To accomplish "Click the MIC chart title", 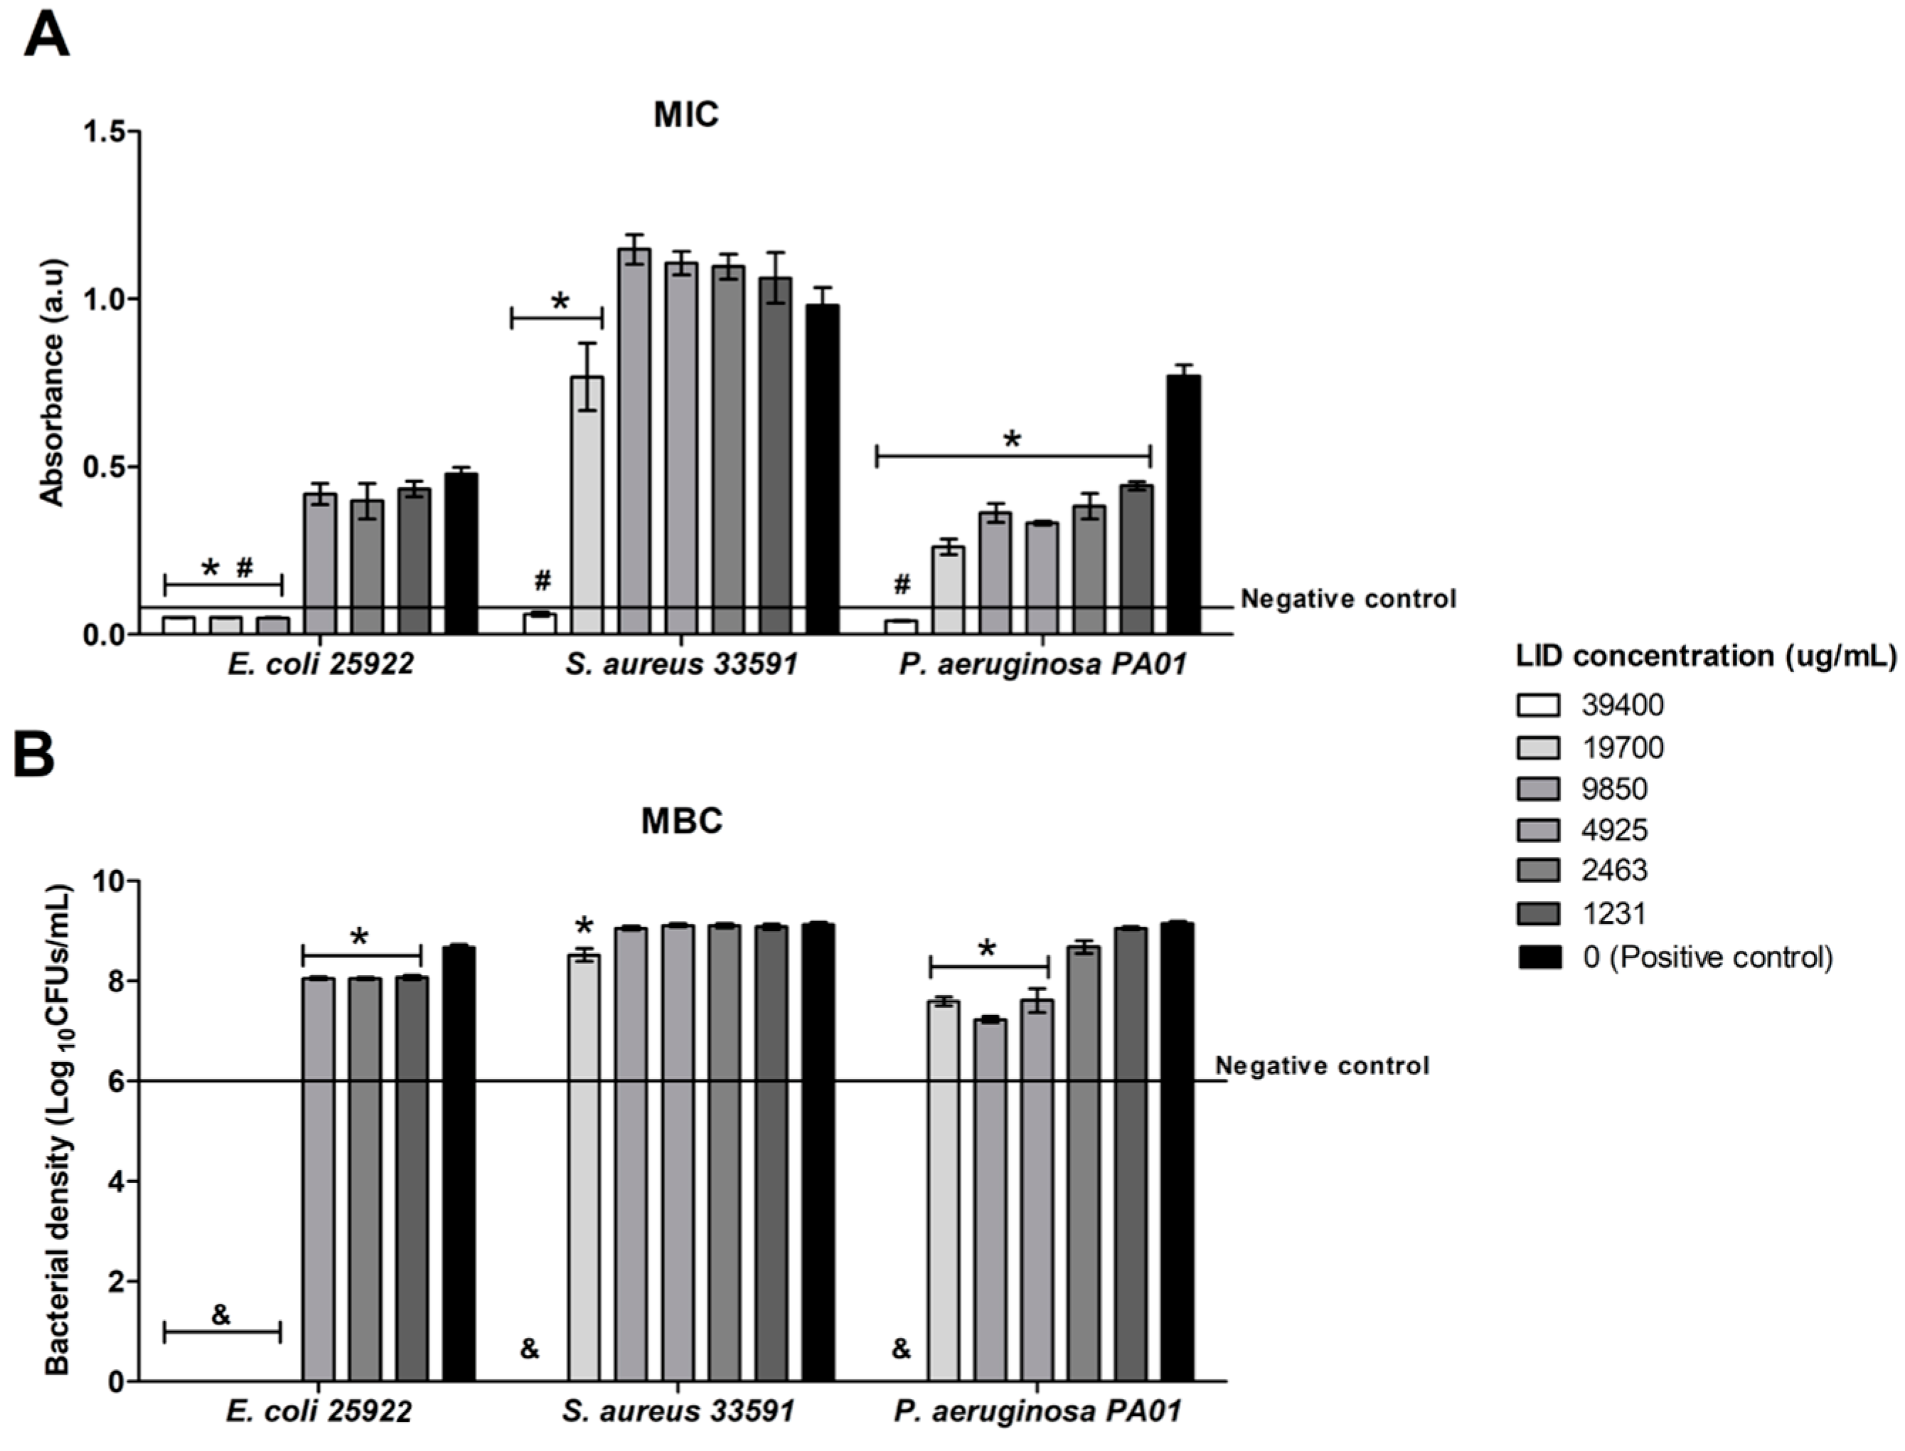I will click(685, 116).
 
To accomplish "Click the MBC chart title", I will click(681, 822).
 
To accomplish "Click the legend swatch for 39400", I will click(1538, 706).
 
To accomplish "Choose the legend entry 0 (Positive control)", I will click(1707, 957).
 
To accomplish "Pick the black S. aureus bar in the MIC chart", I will click(822, 471).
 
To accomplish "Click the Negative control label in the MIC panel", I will click(1348, 599).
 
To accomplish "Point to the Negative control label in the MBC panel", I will click(1322, 1065).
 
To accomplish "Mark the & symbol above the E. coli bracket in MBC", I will click(221, 1315).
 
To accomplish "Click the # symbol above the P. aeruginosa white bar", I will click(902, 585).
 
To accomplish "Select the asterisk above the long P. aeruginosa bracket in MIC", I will click(1012, 440).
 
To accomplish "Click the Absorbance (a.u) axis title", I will click(53, 383).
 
